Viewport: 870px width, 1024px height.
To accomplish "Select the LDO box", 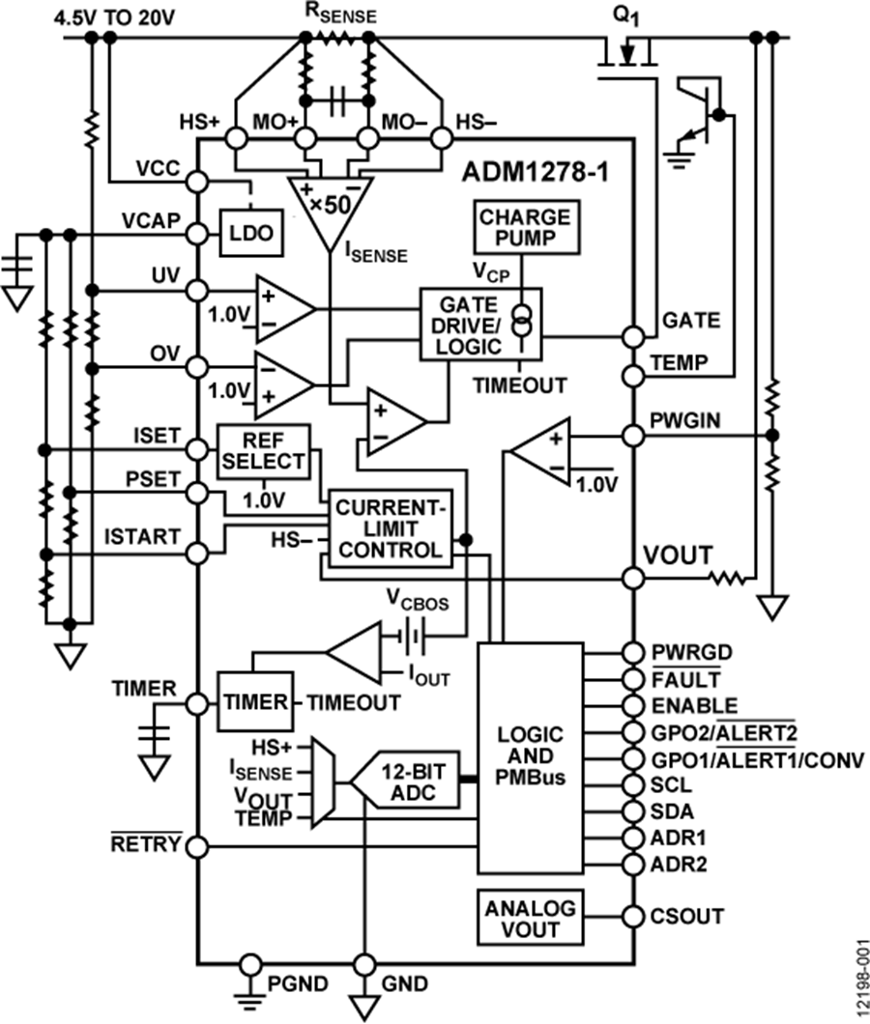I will click(248, 234).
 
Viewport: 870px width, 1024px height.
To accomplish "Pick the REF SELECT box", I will click(263, 450).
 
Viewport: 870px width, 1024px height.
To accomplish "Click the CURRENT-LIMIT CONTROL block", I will click(390, 526).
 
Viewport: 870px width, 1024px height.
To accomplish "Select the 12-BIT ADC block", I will click(406, 779).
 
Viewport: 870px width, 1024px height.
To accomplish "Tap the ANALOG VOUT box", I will click(531, 917).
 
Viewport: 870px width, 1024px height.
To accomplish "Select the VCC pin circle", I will click(197, 181).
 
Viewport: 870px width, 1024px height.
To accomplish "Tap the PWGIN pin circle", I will click(632, 435).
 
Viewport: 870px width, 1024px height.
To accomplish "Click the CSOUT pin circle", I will click(632, 916).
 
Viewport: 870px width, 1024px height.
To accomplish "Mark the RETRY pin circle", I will click(197, 847).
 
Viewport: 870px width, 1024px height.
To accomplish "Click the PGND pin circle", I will click(250, 963).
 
